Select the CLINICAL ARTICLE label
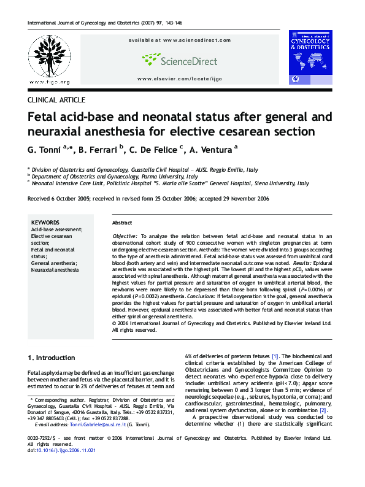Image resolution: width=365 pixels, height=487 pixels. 56,99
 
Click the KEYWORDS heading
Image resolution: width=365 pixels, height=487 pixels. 45,223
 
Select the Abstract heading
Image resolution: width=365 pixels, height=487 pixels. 122,223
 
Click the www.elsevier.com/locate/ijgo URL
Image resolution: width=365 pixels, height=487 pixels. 179,79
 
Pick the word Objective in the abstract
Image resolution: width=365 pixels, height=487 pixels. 125,236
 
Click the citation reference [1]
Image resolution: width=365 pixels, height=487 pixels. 275,356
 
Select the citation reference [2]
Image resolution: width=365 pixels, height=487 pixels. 323,410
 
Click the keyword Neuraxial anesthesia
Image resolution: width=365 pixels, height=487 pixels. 55,270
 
